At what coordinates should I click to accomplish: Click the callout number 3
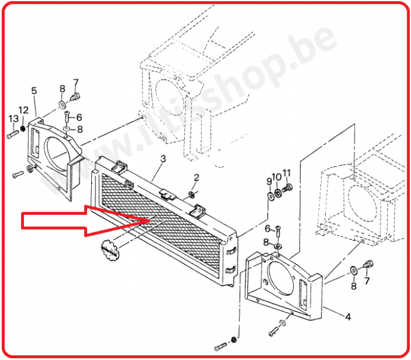pos(163,158)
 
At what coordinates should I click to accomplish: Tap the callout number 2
pos(197,178)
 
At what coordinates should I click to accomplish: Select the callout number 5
pos(34,91)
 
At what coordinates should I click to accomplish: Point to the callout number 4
pos(348,317)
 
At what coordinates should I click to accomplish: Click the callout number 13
pos(13,119)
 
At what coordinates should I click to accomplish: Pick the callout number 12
pos(23,110)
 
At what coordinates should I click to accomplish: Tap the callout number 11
pos(287,173)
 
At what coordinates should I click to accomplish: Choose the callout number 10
pos(277,177)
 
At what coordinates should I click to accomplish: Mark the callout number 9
pos(269,181)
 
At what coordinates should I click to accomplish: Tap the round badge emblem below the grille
pos(110,250)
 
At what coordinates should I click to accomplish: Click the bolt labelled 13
pos(13,134)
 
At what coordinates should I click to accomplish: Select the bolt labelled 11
pos(287,188)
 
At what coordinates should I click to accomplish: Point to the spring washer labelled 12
pos(23,128)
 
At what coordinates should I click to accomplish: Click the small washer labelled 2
pos(191,194)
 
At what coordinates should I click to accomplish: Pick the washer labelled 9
pos(270,196)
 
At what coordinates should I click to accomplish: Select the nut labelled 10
pos(278,194)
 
